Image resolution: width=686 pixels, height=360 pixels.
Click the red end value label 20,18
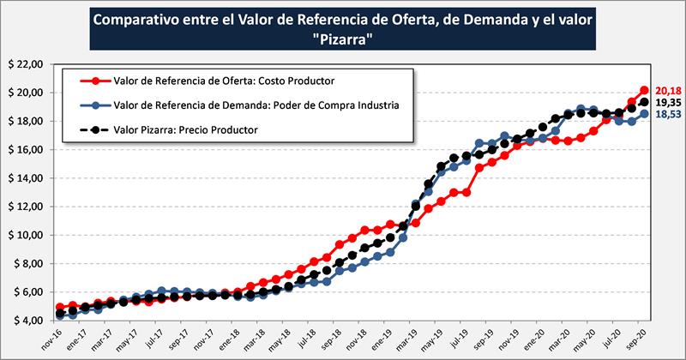tap(667, 90)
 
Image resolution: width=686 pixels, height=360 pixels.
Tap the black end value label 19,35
tap(667, 102)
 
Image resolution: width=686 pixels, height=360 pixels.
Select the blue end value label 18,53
tap(667, 114)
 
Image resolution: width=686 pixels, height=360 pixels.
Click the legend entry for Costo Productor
tap(223, 81)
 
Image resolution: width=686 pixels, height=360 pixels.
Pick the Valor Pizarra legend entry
tap(185, 129)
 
